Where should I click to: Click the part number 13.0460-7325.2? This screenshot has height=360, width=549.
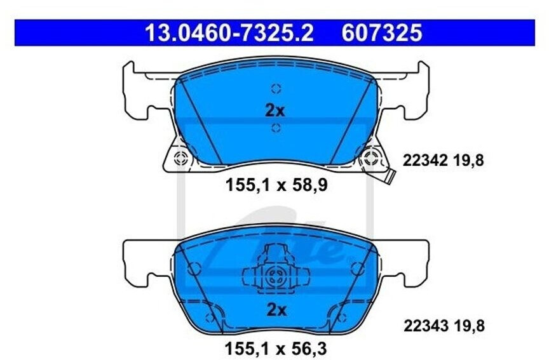point(229,33)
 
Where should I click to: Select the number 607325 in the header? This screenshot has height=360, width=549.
point(382,33)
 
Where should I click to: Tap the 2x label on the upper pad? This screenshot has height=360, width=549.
point(275,110)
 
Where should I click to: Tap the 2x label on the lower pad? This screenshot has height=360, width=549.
point(276,310)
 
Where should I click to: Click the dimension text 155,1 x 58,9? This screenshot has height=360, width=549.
point(276,185)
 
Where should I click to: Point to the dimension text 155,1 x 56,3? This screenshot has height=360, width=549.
point(275,349)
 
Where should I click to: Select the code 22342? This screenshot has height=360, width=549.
point(425,161)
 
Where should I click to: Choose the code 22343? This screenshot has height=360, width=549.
point(426,326)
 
